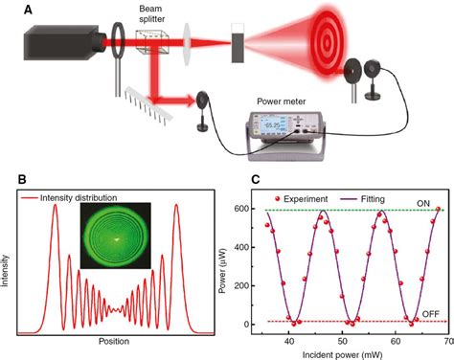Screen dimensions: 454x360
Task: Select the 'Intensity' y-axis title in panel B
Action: [x=10, y=262]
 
